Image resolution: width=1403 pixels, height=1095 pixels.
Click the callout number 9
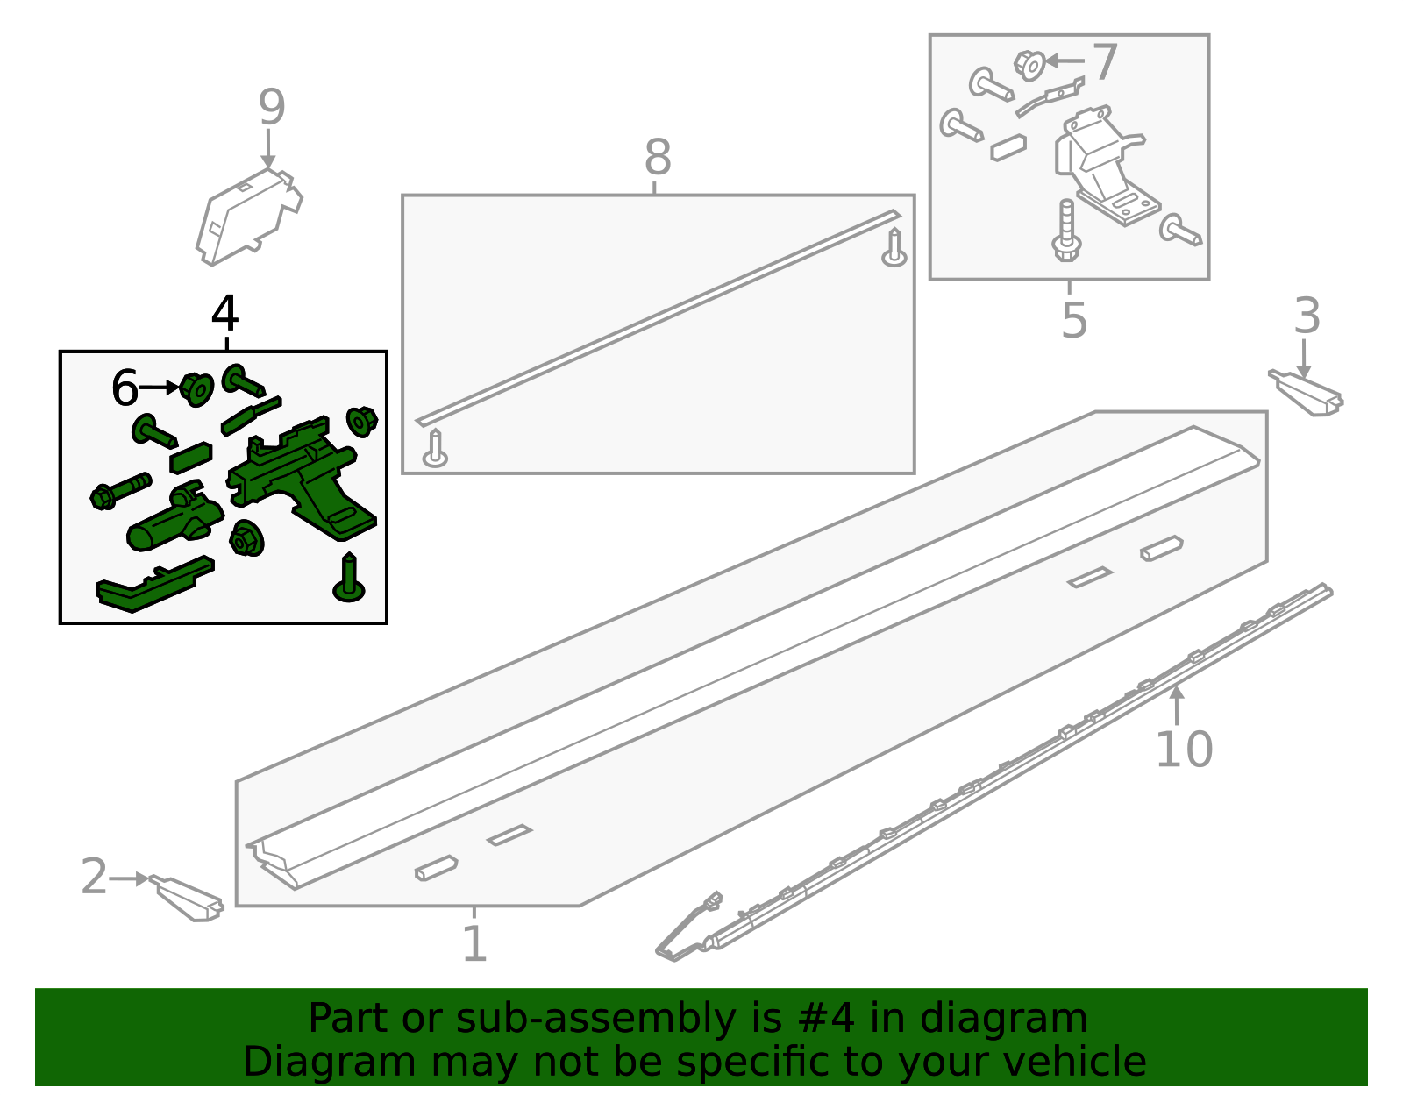[x=272, y=107]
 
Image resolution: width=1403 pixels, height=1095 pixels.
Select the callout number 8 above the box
[x=658, y=157]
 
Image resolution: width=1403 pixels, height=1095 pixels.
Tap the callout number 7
[x=1106, y=62]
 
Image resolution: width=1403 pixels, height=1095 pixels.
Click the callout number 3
[x=1307, y=316]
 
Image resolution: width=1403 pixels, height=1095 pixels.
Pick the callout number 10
[x=1184, y=750]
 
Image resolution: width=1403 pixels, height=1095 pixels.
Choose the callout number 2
[x=95, y=876]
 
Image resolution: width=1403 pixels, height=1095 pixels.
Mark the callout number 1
[x=474, y=944]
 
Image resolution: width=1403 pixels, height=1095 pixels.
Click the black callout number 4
[x=225, y=314]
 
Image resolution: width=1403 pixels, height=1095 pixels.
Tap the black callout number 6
[x=125, y=388]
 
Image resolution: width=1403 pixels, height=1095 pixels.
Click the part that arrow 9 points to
[x=249, y=217]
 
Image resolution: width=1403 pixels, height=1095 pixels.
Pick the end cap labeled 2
[x=188, y=898]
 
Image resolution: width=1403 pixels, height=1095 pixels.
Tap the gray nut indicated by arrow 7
[x=1029, y=65]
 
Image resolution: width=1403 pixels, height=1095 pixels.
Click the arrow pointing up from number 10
[x=1177, y=705]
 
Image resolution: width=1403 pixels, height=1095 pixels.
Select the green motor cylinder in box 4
[x=175, y=519]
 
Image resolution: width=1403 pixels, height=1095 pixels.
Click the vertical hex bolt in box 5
[x=1066, y=231]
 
